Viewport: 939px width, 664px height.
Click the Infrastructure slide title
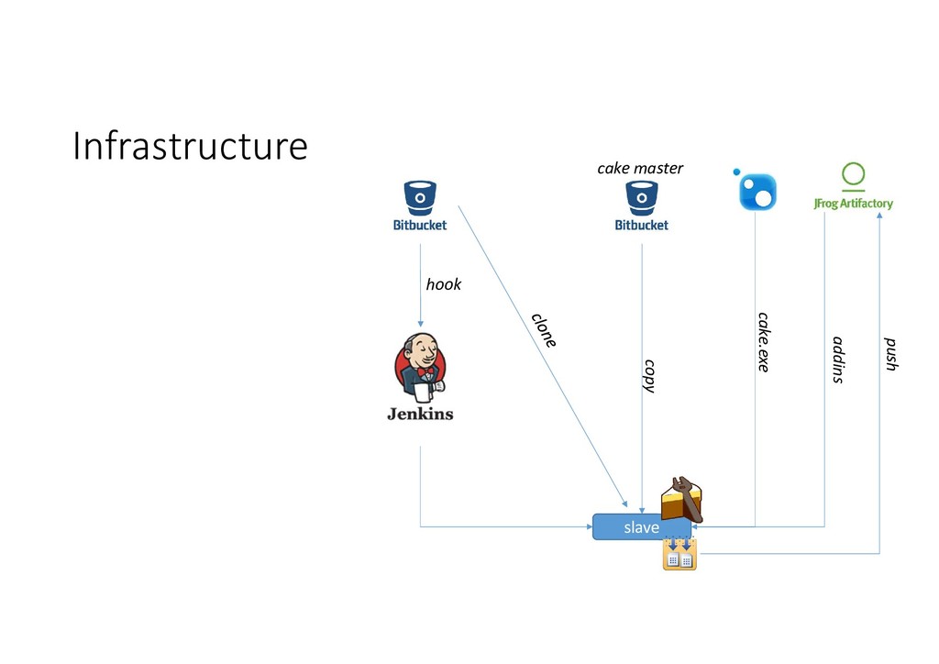click(190, 146)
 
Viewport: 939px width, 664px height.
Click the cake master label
click(640, 169)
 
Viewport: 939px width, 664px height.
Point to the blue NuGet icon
click(757, 190)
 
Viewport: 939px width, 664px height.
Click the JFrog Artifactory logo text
click(853, 204)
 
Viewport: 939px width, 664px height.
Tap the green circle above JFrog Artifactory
click(854, 174)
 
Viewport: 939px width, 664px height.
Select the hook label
click(443, 284)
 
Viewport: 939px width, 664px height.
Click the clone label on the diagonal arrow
click(544, 330)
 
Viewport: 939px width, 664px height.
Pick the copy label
click(649, 376)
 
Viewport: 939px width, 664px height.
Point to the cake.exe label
click(763, 341)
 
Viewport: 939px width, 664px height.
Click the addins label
click(837, 360)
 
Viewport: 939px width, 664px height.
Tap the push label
click(889, 354)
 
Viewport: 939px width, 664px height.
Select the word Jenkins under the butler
click(420, 414)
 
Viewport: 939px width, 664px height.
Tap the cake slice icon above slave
click(682, 500)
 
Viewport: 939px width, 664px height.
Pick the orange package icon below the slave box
click(679, 555)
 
